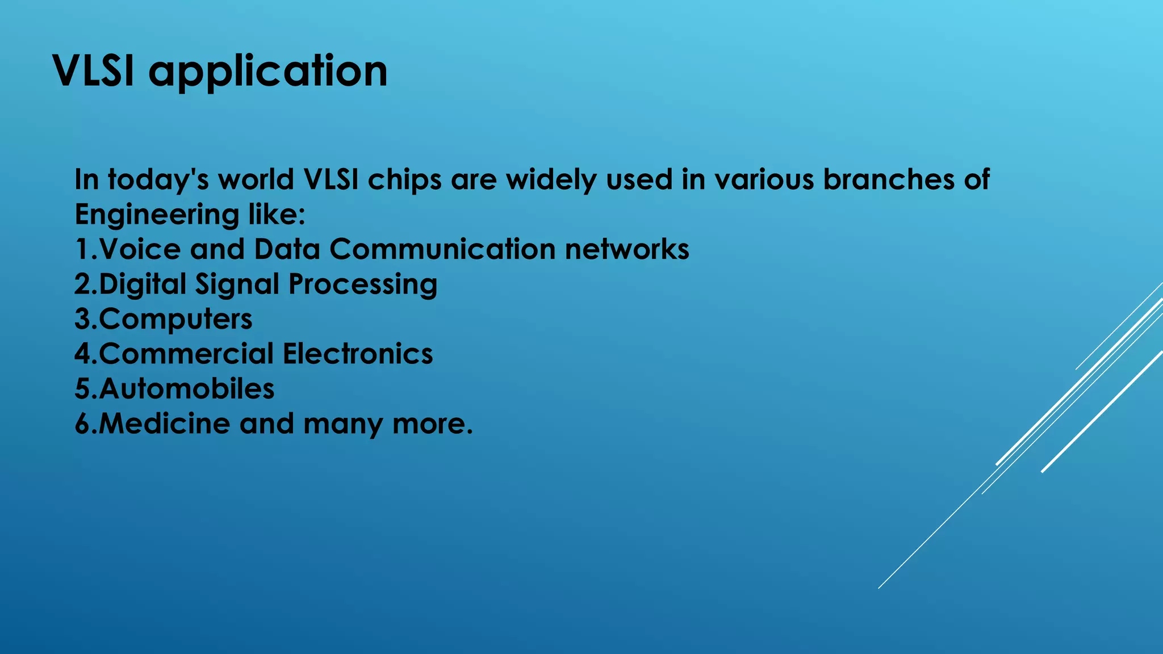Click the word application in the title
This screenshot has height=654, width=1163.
pos(268,73)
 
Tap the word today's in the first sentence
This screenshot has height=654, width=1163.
pos(158,180)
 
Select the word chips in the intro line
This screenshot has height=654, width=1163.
pos(404,180)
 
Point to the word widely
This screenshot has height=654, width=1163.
pos(551,180)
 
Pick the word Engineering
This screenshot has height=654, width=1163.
pos(157,215)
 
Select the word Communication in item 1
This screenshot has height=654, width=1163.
pos(442,249)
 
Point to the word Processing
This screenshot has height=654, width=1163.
pos(363,284)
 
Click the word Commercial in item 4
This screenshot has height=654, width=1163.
pos(186,354)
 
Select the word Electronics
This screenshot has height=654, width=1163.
pos(358,354)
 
